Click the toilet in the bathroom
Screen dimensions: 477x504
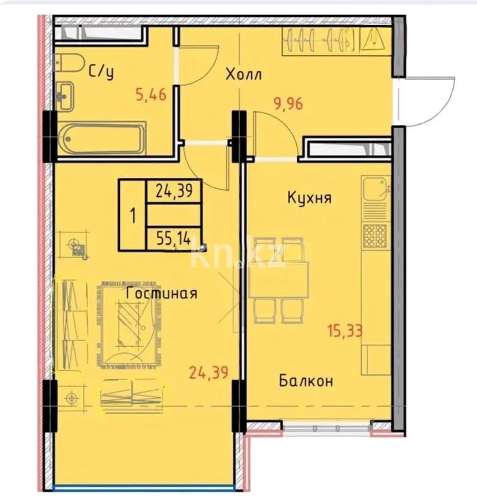(x=69, y=63)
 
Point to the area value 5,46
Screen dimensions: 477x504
(x=151, y=95)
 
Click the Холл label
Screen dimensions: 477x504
(x=244, y=75)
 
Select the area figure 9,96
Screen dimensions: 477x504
(x=288, y=104)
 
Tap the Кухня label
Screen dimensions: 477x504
(x=309, y=198)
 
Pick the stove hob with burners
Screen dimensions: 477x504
(x=375, y=236)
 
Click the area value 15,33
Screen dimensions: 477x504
(x=345, y=331)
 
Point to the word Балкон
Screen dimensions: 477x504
(x=306, y=381)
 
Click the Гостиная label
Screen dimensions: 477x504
(x=161, y=293)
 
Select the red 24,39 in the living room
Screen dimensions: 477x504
(x=209, y=373)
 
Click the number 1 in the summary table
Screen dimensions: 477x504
(x=133, y=216)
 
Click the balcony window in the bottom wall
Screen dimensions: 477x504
(x=326, y=428)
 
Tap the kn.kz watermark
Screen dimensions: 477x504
(x=238, y=255)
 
